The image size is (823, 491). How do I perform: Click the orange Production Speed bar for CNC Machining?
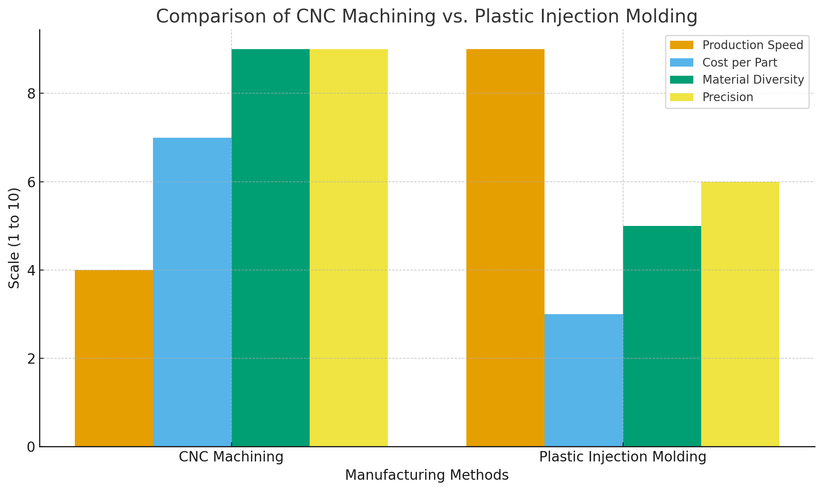(x=114, y=358)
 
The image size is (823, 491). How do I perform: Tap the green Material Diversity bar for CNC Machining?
(x=271, y=248)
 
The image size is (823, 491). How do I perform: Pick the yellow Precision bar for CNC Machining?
(x=349, y=248)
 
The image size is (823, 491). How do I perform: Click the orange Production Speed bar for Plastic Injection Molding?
(x=505, y=248)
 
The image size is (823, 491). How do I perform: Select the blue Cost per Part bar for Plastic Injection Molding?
(x=584, y=380)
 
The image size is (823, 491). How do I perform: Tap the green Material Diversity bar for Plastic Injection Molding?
(x=662, y=336)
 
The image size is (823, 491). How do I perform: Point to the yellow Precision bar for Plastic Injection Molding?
(x=740, y=314)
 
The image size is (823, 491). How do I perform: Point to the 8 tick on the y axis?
(x=31, y=94)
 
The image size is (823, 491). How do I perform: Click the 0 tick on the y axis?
(x=31, y=447)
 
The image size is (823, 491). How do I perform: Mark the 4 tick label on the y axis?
(x=31, y=270)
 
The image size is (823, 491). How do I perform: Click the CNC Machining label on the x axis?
(x=231, y=457)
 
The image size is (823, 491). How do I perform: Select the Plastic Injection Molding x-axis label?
(x=623, y=457)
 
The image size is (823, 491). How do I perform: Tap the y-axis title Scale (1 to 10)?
(x=15, y=238)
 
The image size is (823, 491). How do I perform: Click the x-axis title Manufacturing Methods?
(x=427, y=475)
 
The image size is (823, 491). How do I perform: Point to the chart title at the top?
(x=427, y=17)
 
